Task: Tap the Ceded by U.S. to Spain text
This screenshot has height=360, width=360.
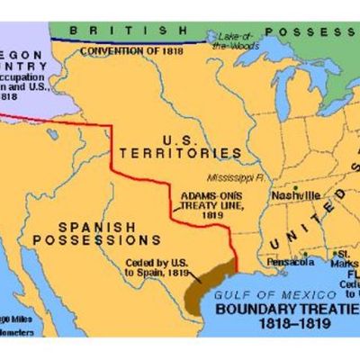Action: [x=156, y=266]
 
